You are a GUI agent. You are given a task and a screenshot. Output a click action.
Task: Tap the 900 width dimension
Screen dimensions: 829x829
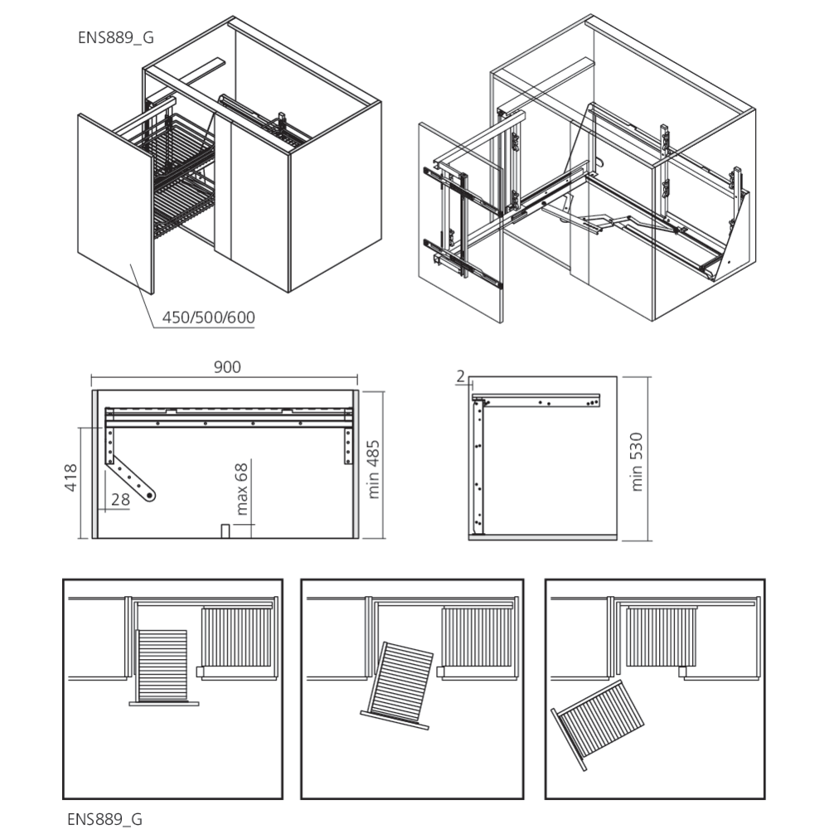[226, 368]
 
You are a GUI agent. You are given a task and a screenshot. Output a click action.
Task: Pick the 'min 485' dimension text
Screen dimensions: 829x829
[375, 468]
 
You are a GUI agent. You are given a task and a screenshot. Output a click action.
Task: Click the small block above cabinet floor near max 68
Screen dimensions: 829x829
[224, 530]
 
